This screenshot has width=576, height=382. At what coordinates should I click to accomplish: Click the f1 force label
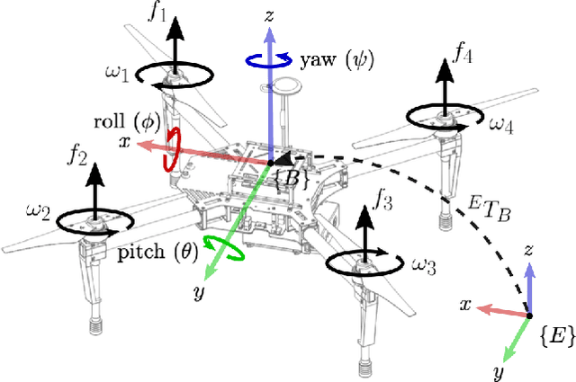coord(158,13)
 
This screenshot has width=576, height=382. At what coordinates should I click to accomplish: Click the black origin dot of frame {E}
coord(526,315)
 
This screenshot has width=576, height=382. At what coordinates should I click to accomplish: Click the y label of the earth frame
coord(499,370)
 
